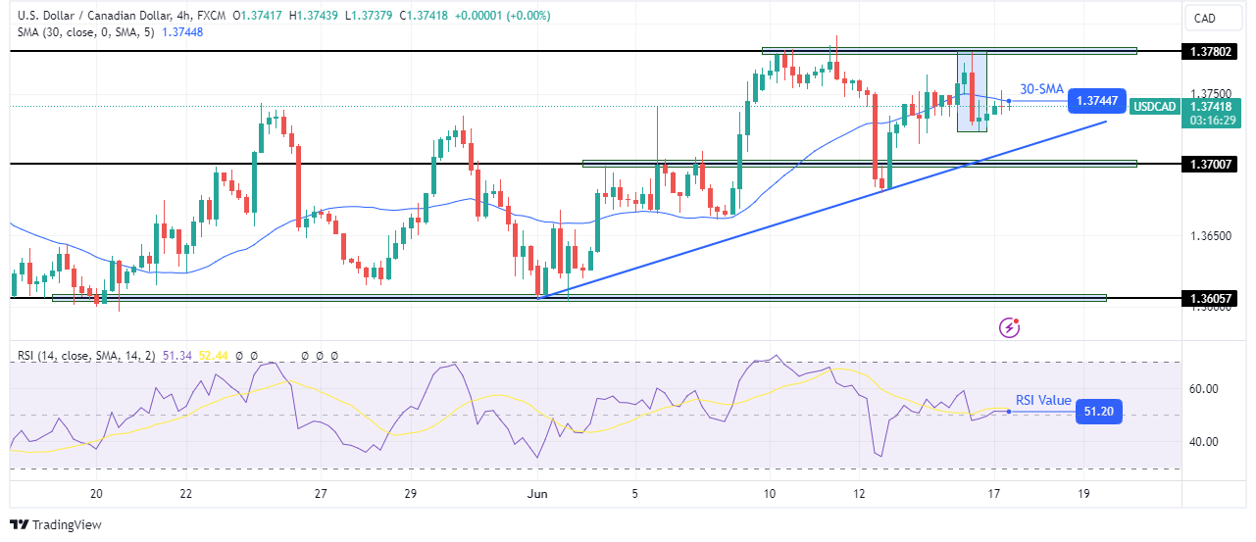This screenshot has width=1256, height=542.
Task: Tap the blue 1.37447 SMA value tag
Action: (x=1096, y=101)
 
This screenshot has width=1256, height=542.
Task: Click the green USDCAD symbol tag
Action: (x=1154, y=106)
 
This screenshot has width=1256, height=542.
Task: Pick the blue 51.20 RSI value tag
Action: (x=1096, y=412)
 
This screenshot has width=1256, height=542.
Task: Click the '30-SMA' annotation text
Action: (x=1041, y=89)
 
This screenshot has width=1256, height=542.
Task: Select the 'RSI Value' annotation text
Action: (x=1043, y=400)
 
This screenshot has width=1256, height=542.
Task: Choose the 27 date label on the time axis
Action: (x=321, y=493)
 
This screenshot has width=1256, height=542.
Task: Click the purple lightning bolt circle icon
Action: (x=1009, y=328)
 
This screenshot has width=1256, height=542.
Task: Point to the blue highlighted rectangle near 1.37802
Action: (x=972, y=90)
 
